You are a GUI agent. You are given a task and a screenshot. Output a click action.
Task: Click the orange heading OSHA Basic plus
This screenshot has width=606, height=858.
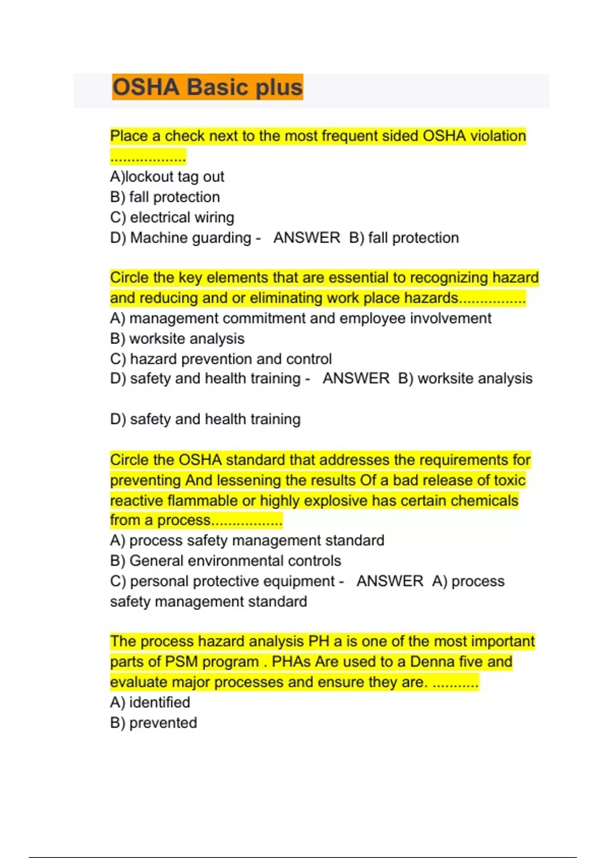coord(207,87)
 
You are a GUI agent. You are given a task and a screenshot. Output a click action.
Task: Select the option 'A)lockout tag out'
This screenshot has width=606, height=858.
coord(167,177)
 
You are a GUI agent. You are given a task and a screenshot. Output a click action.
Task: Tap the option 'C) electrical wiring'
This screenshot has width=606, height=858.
coord(172,218)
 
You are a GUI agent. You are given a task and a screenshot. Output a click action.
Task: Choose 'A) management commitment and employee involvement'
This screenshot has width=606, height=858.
coord(300,318)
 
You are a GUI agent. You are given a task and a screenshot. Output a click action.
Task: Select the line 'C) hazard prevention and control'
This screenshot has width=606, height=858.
coord(221,359)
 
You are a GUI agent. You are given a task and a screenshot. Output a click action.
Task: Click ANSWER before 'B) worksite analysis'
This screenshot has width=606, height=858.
coord(356,379)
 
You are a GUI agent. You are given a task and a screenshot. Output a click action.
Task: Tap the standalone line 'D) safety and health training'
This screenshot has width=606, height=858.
coord(205,419)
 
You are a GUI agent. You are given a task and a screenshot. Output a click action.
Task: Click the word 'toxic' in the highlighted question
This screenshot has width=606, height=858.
coord(510,480)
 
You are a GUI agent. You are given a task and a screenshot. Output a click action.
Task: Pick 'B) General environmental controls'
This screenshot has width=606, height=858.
coord(225,561)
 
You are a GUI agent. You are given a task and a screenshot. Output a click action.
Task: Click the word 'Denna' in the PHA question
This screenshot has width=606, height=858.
coord(435,662)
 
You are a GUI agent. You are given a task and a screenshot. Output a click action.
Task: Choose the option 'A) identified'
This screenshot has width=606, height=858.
coord(150,703)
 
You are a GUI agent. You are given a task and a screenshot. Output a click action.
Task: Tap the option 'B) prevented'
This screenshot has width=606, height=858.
coord(154,723)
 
